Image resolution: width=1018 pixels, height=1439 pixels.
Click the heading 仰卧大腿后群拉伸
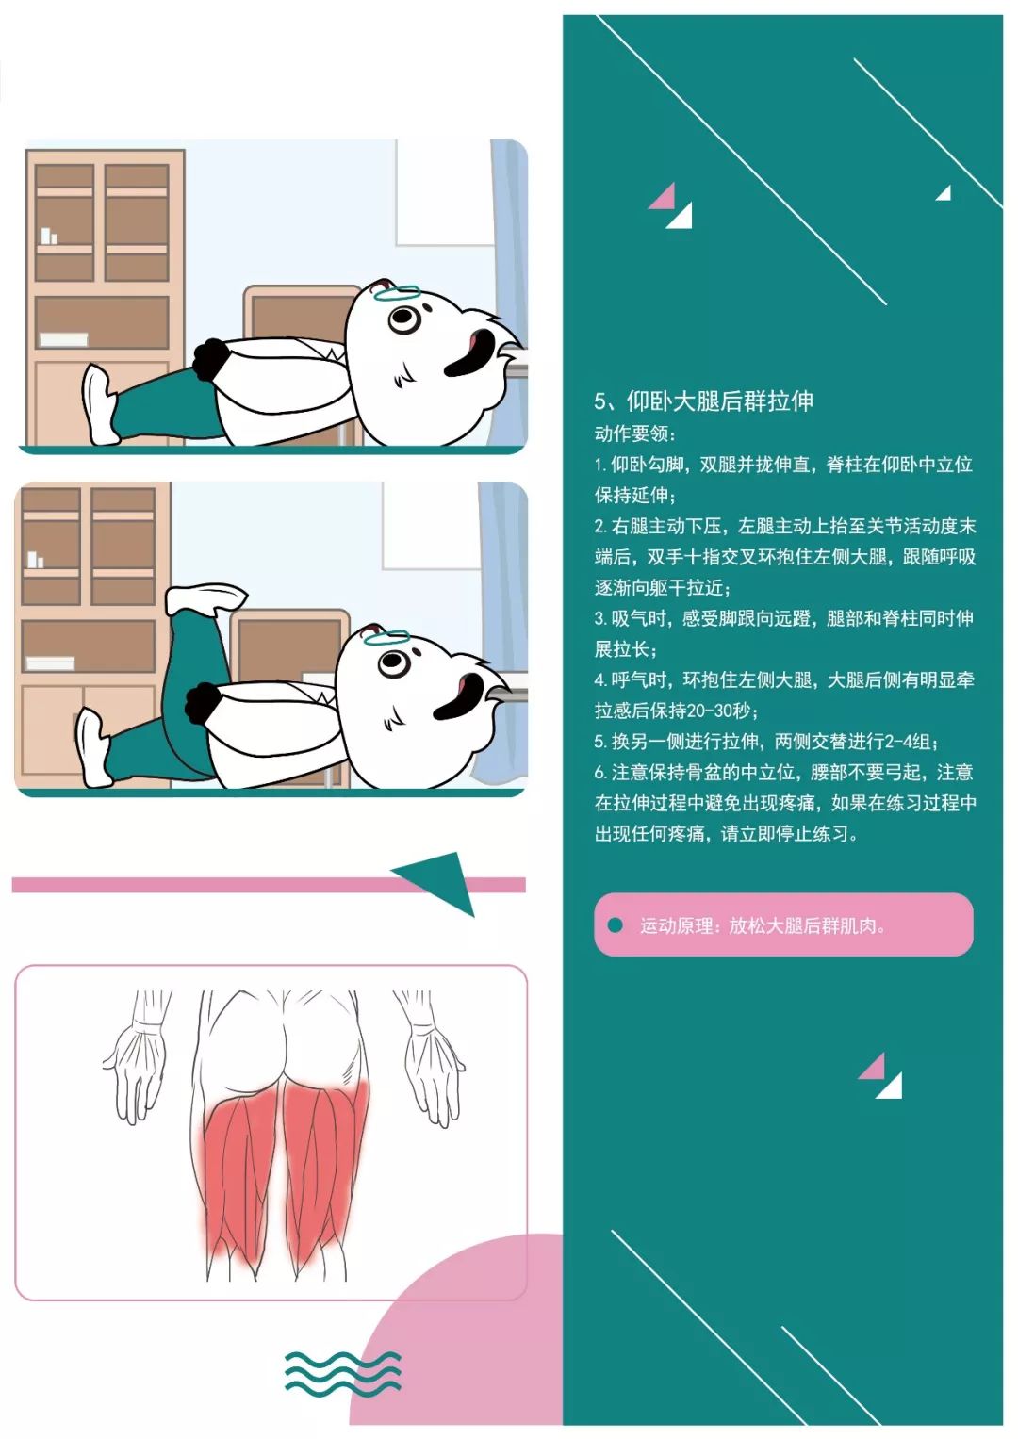[x=720, y=401]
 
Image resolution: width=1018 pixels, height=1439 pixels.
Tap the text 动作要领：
[x=635, y=433]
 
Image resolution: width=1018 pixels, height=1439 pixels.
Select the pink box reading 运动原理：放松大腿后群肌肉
[x=783, y=924]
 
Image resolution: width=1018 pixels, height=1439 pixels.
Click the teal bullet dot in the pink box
[x=615, y=924]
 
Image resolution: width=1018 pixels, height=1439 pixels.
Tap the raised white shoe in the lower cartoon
[x=205, y=597]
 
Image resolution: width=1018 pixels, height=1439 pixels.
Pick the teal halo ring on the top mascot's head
[x=399, y=294]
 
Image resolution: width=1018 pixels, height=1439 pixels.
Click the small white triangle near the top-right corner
[x=944, y=193]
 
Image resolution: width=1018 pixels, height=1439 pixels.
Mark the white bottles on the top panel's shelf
[x=49, y=236]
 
